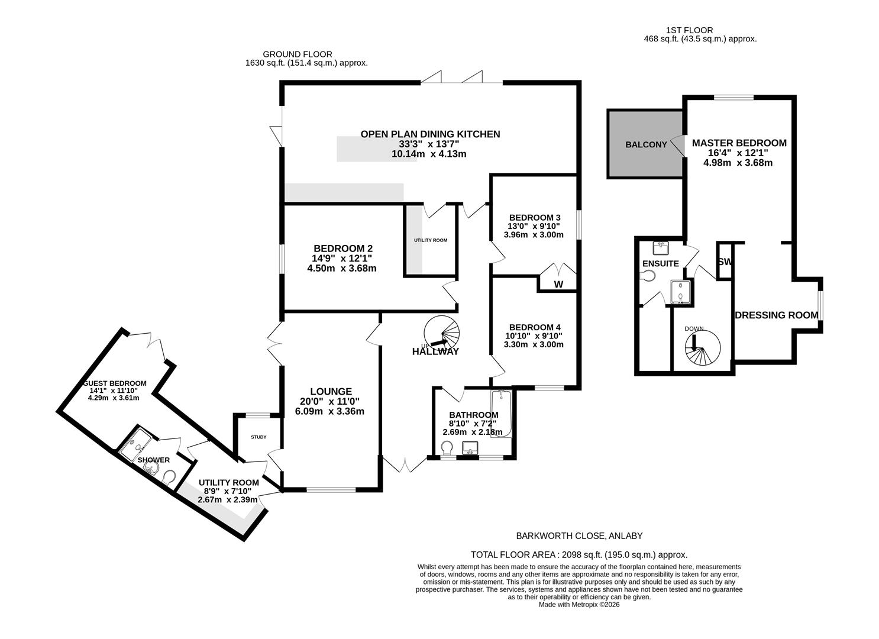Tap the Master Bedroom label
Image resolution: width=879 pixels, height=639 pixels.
point(739,143)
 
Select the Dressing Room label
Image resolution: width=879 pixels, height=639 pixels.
point(776,315)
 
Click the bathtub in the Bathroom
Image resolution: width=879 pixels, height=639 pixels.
point(500,414)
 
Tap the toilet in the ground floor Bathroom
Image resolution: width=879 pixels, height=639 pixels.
point(447,446)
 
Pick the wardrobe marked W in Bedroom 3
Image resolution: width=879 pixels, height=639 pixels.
point(558,284)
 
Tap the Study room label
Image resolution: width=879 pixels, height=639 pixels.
point(258,437)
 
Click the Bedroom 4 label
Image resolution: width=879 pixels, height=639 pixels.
point(534,327)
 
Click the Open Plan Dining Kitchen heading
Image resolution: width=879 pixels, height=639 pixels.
point(430,134)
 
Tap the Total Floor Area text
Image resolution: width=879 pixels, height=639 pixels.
point(579,554)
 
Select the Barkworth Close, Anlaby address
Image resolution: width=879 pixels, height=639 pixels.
point(580,536)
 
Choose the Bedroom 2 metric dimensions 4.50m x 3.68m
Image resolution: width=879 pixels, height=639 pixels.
point(341,268)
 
